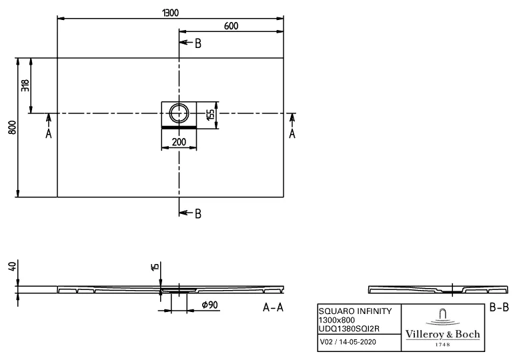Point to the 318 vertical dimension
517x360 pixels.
point(25,85)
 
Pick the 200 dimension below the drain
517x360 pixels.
point(179,142)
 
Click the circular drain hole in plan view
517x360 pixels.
point(179,113)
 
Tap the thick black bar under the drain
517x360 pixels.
point(179,125)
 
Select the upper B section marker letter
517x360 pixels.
point(197,43)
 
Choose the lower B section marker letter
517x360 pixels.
point(197,213)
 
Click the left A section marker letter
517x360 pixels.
point(48,134)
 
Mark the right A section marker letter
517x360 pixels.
point(292,134)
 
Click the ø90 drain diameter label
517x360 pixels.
point(211,305)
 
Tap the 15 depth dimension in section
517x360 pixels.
point(155,267)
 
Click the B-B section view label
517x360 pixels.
point(500,307)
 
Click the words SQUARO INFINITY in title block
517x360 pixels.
point(350,311)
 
